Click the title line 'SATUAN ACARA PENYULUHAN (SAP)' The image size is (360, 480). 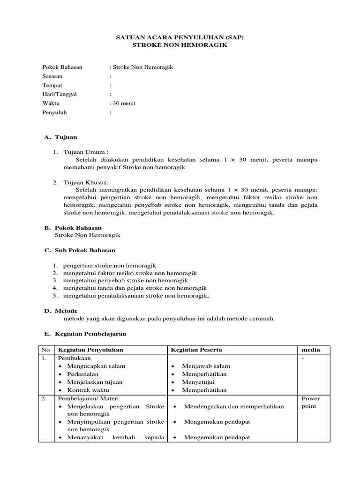(180, 37)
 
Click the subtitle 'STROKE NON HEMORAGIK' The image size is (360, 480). (180, 45)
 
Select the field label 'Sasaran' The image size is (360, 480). (52, 76)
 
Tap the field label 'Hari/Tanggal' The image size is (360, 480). (60, 94)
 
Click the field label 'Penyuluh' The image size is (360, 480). (54, 112)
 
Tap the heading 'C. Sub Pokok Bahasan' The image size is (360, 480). (80, 250)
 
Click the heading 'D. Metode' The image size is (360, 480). (61, 311)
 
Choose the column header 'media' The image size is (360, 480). (310, 350)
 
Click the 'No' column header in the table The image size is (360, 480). (45, 350)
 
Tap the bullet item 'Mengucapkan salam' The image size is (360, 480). (96, 366)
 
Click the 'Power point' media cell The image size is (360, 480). (310, 402)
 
